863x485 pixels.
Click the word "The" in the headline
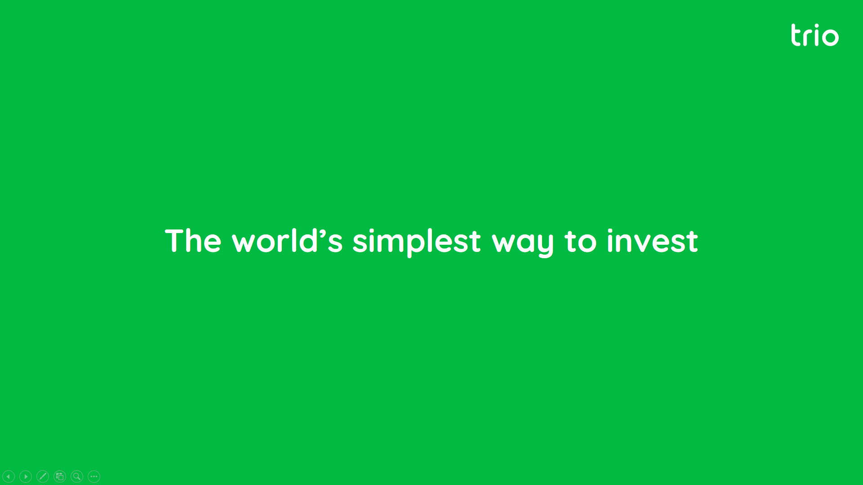[x=193, y=241]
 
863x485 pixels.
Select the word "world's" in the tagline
[x=287, y=241]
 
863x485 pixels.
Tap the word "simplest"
[x=417, y=242]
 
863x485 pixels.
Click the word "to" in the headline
[x=581, y=242]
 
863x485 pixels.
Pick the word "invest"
[x=653, y=241]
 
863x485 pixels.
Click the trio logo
[x=815, y=35]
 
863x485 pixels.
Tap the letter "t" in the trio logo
[x=796, y=35]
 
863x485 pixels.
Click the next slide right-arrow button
[x=26, y=476]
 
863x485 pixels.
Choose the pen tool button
[x=43, y=476]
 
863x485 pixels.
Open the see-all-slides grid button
[x=60, y=476]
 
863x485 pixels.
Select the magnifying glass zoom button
[x=77, y=476]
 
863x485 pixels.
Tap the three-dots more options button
[x=94, y=476]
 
